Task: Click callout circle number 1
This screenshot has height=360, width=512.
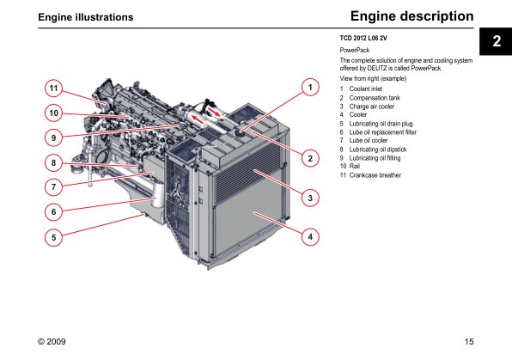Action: (x=310, y=88)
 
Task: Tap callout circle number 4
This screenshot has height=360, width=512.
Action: (x=310, y=236)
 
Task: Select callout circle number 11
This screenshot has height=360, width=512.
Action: (x=53, y=88)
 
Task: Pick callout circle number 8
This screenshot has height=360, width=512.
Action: (x=53, y=162)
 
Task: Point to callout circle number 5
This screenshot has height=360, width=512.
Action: (x=53, y=237)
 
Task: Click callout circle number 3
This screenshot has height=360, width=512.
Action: (x=310, y=198)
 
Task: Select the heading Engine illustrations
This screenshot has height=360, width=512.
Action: (x=86, y=17)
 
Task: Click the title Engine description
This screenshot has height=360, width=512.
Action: (x=411, y=16)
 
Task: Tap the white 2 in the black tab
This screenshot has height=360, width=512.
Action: (x=497, y=41)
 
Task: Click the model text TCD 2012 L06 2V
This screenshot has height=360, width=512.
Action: (x=363, y=38)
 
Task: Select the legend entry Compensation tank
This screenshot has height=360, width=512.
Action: (x=375, y=98)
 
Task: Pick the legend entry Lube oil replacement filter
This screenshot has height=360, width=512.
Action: (x=382, y=132)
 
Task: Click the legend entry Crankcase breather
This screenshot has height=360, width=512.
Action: (x=375, y=175)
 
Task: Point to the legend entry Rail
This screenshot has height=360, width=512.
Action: (x=355, y=167)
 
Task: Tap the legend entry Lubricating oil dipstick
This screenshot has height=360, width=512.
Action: (x=378, y=149)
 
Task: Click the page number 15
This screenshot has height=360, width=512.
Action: (x=469, y=342)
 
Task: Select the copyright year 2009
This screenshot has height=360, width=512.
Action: (x=56, y=342)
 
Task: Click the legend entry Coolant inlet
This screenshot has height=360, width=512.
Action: (x=366, y=88)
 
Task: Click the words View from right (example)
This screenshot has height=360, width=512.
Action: (x=373, y=79)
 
